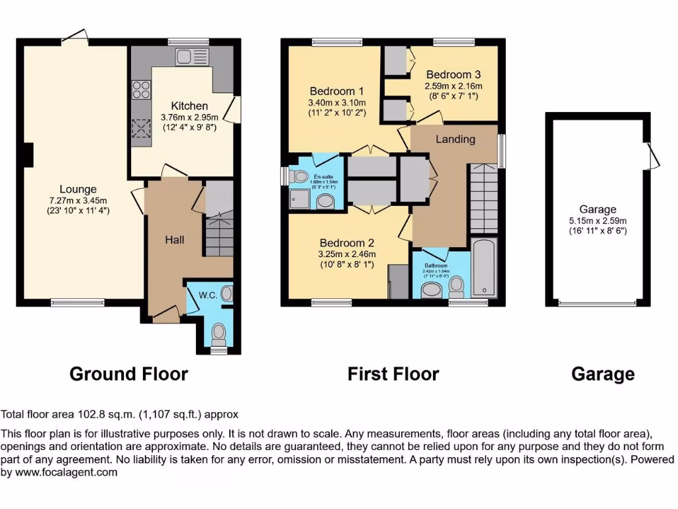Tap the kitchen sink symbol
[x=192, y=57]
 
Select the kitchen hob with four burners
[x=142, y=89]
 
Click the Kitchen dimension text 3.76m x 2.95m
[x=189, y=117]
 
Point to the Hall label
[x=175, y=239]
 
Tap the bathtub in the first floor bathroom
[x=485, y=268]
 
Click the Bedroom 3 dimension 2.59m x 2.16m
[x=454, y=86]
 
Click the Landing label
[x=455, y=139]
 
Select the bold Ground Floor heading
[x=128, y=374]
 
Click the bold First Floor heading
[x=393, y=374]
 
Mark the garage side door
[x=652, y=156]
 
